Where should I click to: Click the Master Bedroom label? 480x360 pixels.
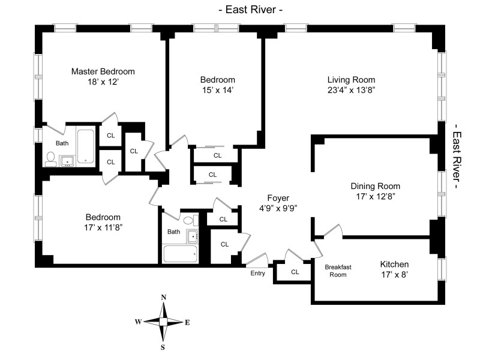tap(103, 71)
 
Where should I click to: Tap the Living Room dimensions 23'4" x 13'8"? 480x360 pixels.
tap(351, 90)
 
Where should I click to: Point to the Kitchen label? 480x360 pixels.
tap(394, 264)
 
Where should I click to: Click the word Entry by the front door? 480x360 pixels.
tap(258, 274)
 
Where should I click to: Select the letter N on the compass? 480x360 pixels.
tap(164, 298)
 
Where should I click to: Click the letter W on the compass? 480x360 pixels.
tap(138, 322)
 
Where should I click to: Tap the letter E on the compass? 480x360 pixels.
tap(187, 322)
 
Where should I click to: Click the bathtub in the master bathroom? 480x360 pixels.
tap(85, 146)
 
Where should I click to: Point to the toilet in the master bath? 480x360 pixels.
tap(51, 158)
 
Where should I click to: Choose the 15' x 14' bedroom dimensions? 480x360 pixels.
tap(217, 90)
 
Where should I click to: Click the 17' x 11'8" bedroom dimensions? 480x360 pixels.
tap(103, 227)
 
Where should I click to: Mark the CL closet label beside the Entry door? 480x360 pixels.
tap(295, 272)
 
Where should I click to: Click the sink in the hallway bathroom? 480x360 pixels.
tap(193, 235)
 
